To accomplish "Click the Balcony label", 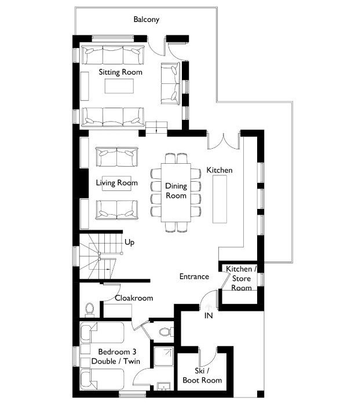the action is pos(146,20).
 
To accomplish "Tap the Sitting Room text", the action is pos(120,72).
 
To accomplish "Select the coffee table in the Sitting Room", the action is pos(119,86).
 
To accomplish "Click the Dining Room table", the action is pos(176,193).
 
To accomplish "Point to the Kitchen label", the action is pos(220,170).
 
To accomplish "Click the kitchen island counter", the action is pos(220,199).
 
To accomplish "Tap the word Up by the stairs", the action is pos(129,242).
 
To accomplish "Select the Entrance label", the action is pos(194,276).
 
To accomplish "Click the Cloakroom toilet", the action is pos(90,310).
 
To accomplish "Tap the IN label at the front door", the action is pos(209,315).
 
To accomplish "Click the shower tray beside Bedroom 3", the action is pos(163,356).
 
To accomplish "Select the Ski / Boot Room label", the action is pos(202,376).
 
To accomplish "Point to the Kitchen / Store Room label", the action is pos(241,278).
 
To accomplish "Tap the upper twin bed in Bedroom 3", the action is pos(102,333).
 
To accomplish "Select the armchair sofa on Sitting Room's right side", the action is pos(170,83).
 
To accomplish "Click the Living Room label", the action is pos(116,183).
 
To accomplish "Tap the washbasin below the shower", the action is pos(164,386).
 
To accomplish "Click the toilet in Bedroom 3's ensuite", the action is pos(165,332).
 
